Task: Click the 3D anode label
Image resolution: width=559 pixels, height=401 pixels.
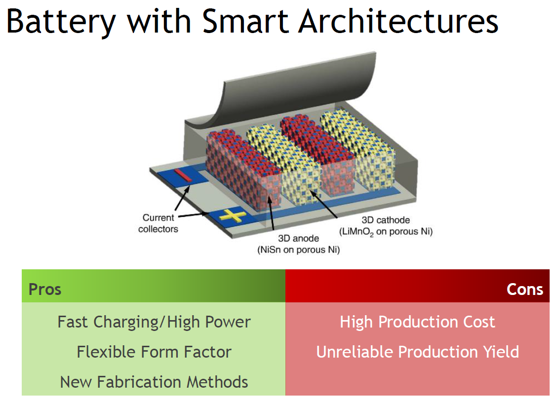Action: point(298,239)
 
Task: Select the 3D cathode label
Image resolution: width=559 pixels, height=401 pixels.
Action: point(386,220)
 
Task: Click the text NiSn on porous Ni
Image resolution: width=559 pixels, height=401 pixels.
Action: point(298,250)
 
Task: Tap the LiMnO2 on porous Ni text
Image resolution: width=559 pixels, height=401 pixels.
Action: point(385,231)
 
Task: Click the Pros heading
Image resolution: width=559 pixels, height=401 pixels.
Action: point(45,289)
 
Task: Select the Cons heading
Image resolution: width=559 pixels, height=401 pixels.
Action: point(524,289)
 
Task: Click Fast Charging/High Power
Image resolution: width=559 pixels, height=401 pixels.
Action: point(154,322)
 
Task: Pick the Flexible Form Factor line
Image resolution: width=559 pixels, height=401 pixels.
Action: point(154,352)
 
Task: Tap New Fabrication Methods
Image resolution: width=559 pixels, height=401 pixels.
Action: point(154,382)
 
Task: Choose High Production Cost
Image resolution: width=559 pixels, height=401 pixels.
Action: point(417,322)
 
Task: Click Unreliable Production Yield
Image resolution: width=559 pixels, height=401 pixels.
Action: point(417,352)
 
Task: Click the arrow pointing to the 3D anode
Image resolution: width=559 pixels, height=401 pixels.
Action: point(271,213)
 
